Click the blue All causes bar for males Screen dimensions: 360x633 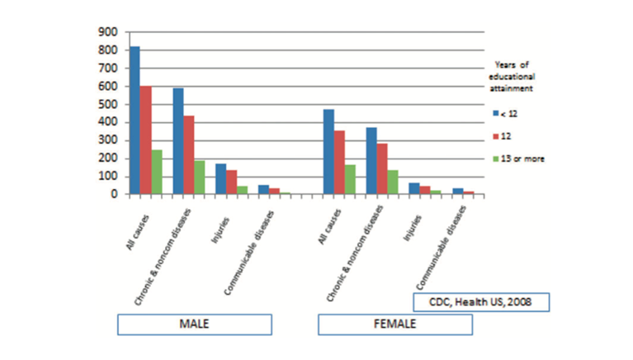coord(135,121)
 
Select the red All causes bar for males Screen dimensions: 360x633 coord(145,140)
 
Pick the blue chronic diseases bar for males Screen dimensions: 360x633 coord(177,141)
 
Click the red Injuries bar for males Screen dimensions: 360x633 coord(231,182)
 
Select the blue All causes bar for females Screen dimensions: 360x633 coord(328,152)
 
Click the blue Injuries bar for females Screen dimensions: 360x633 coord(414,188)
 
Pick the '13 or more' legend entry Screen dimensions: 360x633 coord(521,158)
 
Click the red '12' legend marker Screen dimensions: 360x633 coord(496,135)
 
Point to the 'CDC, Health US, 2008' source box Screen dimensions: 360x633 coord(479,301)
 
